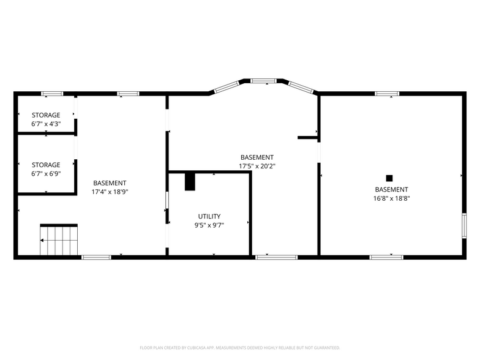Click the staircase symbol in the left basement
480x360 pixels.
point(59,240)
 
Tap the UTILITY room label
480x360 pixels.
point(209,217)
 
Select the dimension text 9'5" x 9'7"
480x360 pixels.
point(209,225)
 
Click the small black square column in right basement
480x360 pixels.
point(389,178)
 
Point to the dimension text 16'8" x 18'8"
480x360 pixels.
point(391,198)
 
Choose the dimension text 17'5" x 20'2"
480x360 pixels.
point(257,166)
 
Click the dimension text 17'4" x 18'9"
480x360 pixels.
point(110,192)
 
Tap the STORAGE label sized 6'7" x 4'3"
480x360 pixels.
point(46,115)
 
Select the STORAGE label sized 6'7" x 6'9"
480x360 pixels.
point(46,165)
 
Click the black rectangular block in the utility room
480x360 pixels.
point(190,182)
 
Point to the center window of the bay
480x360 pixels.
point(264,80)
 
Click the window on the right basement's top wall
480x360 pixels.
point(388,94)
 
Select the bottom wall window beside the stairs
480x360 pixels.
point(96,257)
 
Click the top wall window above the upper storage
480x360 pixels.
point(52,94)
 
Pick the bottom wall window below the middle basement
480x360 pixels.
point(268,257)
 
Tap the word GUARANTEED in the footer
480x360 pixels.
point(324,347)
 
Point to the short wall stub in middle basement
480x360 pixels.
point(307,138)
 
